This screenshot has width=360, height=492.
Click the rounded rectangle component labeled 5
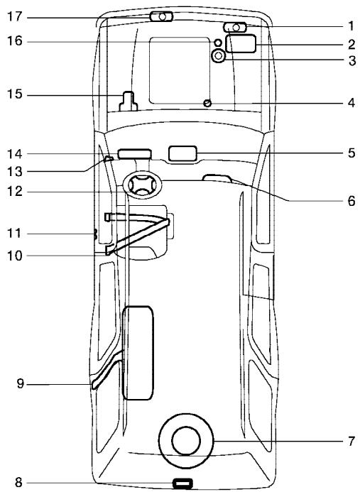(182, 154)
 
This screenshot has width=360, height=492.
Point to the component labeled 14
(134, 153)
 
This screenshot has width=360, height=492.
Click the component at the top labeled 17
(161, 16)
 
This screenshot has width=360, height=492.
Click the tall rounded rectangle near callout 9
(137, 351)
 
